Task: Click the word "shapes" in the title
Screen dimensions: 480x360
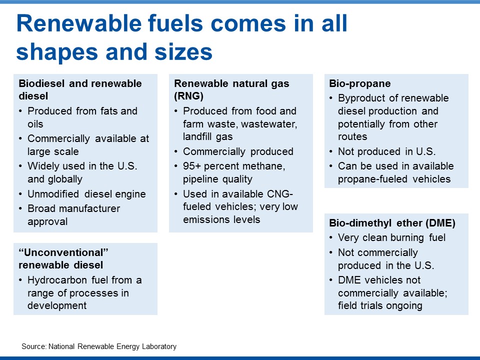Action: click(57, 52)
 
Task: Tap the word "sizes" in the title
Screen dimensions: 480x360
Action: click(183, 51)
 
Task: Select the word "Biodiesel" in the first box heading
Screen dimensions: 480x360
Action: click(41, 83)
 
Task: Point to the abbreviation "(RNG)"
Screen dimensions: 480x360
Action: click(188, 96)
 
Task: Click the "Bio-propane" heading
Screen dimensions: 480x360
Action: click(359, 83)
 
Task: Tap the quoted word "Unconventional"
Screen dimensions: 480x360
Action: click(63, 252)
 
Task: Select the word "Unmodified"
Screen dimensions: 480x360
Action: click(53, 194)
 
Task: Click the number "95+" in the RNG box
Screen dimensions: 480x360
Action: click(191, 166)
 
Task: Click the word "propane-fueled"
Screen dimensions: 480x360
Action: click(372, 179)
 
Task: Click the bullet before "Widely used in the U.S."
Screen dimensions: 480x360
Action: click(20, 166)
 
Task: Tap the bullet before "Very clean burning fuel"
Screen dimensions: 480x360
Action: click(331, 238)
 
